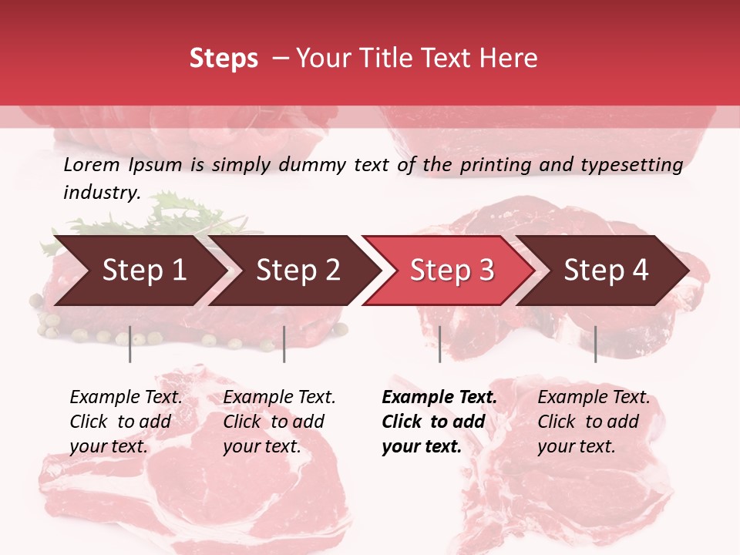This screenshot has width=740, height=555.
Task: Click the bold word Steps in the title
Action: point(224,59)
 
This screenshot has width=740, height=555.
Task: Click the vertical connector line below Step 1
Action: point(130,344)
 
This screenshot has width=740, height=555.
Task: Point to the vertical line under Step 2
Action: point(284,344)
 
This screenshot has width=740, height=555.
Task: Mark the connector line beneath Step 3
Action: point(439,344)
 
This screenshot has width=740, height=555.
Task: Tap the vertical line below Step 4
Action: point(595,344)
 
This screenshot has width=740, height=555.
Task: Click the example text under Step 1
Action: point(126,422)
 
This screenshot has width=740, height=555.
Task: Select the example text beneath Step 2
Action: point(279,422)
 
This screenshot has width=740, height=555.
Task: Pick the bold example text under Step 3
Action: point(439,422)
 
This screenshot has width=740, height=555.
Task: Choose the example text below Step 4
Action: point(594,422)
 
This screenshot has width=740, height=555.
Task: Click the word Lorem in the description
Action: point(92,165)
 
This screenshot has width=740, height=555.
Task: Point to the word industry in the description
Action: point(102,193)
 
